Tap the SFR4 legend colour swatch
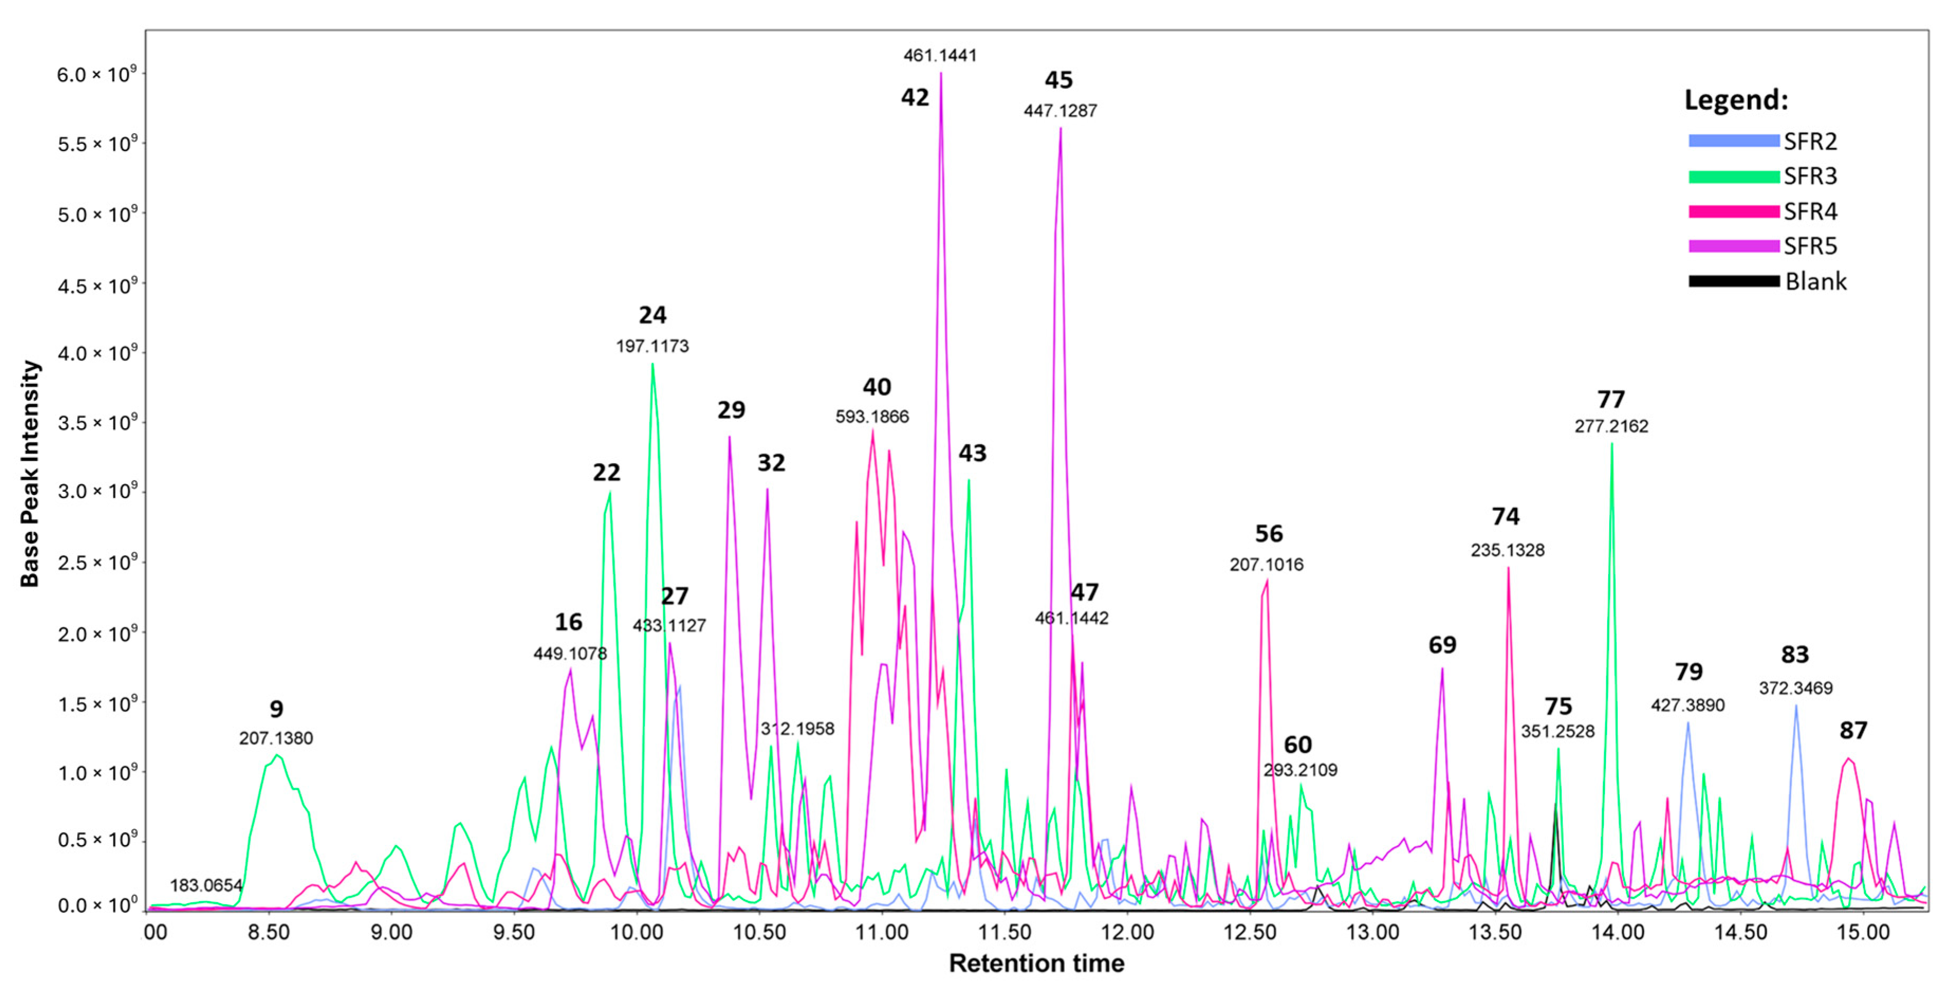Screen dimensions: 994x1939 (1733, 211)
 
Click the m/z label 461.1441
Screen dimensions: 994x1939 (940, 55)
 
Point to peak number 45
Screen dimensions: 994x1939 (1059, 80)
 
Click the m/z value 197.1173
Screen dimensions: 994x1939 (652, 346)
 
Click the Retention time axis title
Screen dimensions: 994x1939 (1036, 963)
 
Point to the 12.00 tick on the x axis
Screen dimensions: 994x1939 (1127, 932)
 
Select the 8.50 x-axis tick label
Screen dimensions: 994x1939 (268, 932)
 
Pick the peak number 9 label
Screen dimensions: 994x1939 (276, 709)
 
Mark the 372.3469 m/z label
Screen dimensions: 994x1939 (1795, 688)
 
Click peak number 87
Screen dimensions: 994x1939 (1853, 730)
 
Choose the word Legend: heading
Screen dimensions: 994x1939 (1736, 100)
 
